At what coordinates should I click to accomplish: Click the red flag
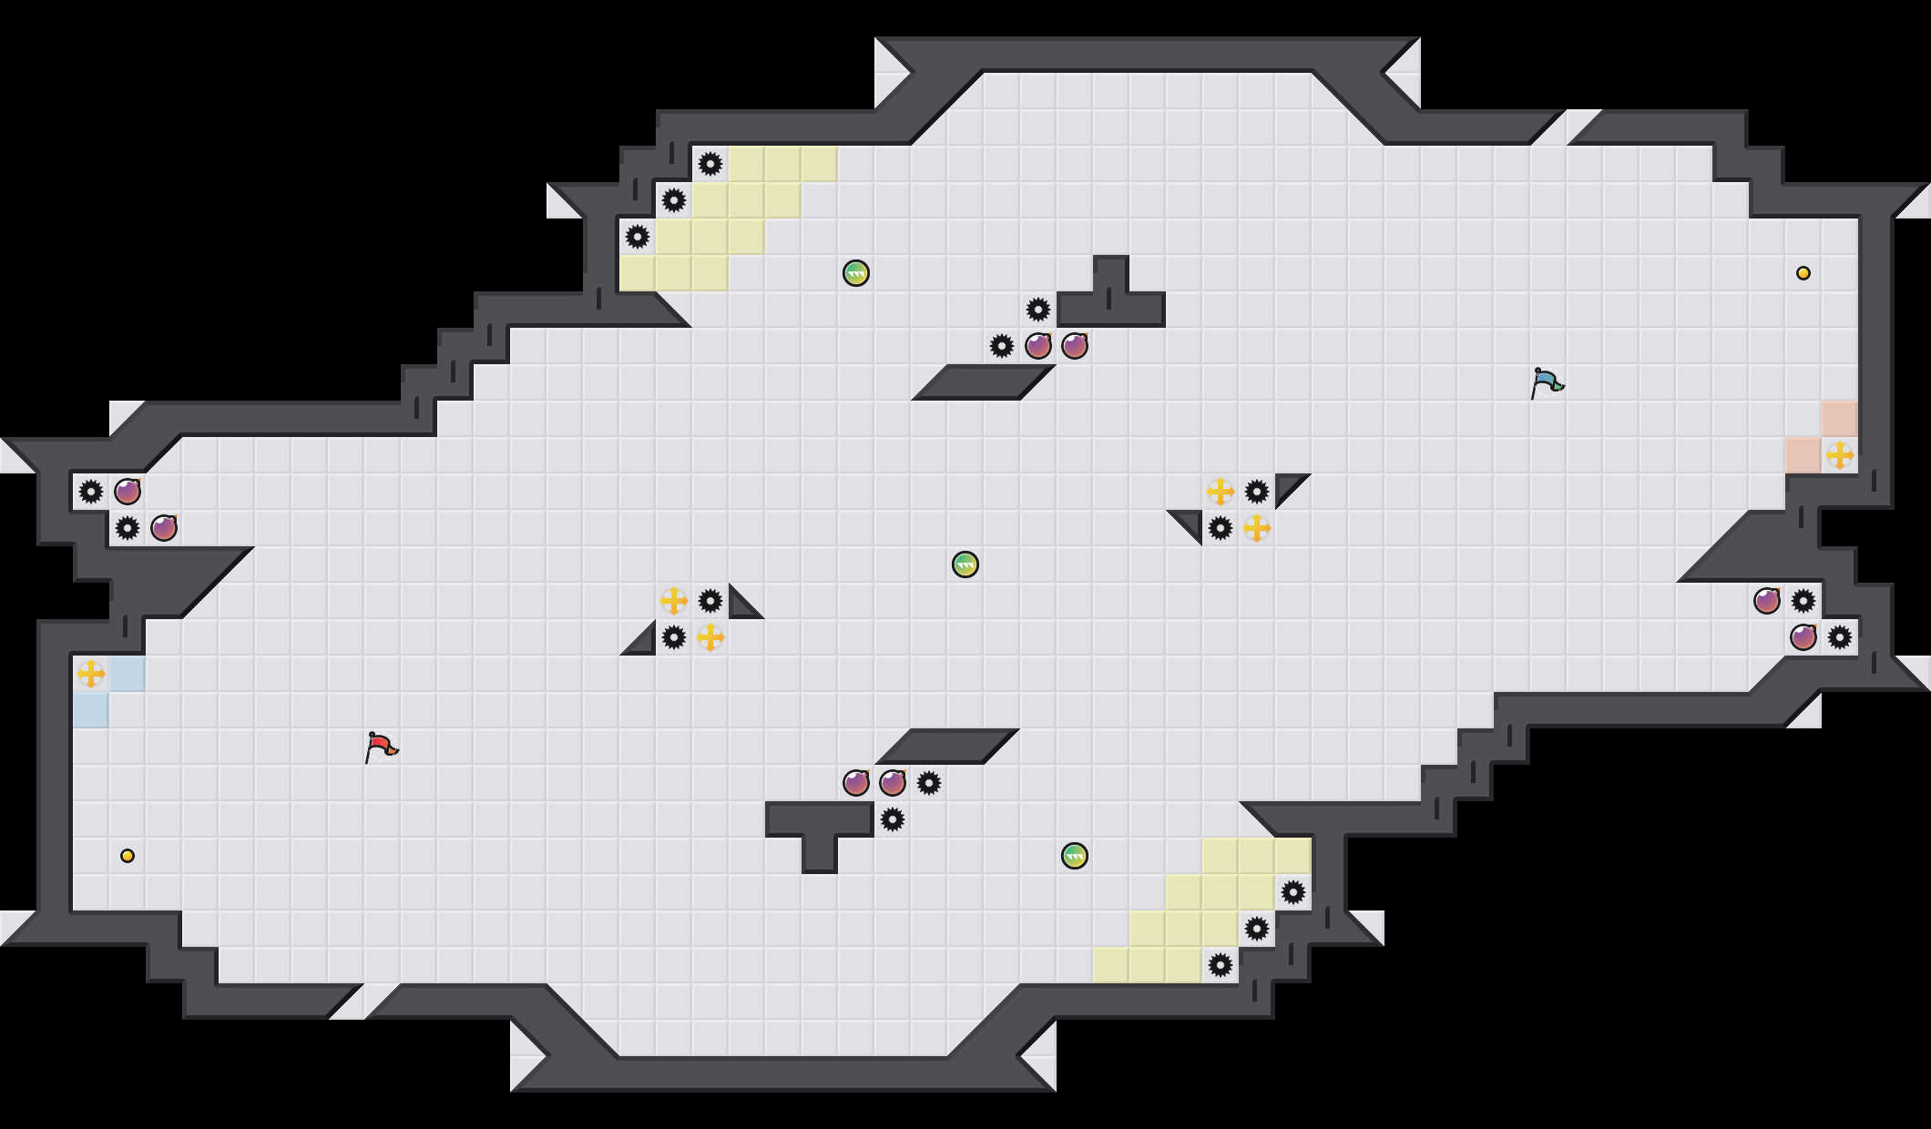(381, 747)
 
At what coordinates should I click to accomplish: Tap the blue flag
(1547, 382)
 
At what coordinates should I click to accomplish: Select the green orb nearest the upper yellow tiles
(856, 273)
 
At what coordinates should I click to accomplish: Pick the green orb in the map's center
(965, 564)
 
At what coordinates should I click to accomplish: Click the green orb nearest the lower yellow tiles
(1075, 856)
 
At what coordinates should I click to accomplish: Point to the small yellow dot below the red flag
(128, 856)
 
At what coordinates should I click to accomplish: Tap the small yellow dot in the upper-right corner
(1803, 273)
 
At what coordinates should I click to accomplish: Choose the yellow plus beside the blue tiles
(91, 674)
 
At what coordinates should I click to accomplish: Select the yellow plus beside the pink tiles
(1840, 455)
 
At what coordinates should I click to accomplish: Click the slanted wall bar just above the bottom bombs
(947, 747)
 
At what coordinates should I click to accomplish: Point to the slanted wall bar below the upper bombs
(984, 382)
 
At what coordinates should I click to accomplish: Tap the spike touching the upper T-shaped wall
(1038, 310)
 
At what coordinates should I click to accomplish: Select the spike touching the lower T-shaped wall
(893, 819)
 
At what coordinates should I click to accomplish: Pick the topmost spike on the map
(710, 164)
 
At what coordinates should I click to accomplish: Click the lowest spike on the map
(1221, 965)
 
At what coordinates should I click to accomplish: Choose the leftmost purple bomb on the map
(128, 492)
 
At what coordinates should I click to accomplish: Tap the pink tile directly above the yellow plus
(1840, 419)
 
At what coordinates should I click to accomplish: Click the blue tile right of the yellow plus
(128, 674)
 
